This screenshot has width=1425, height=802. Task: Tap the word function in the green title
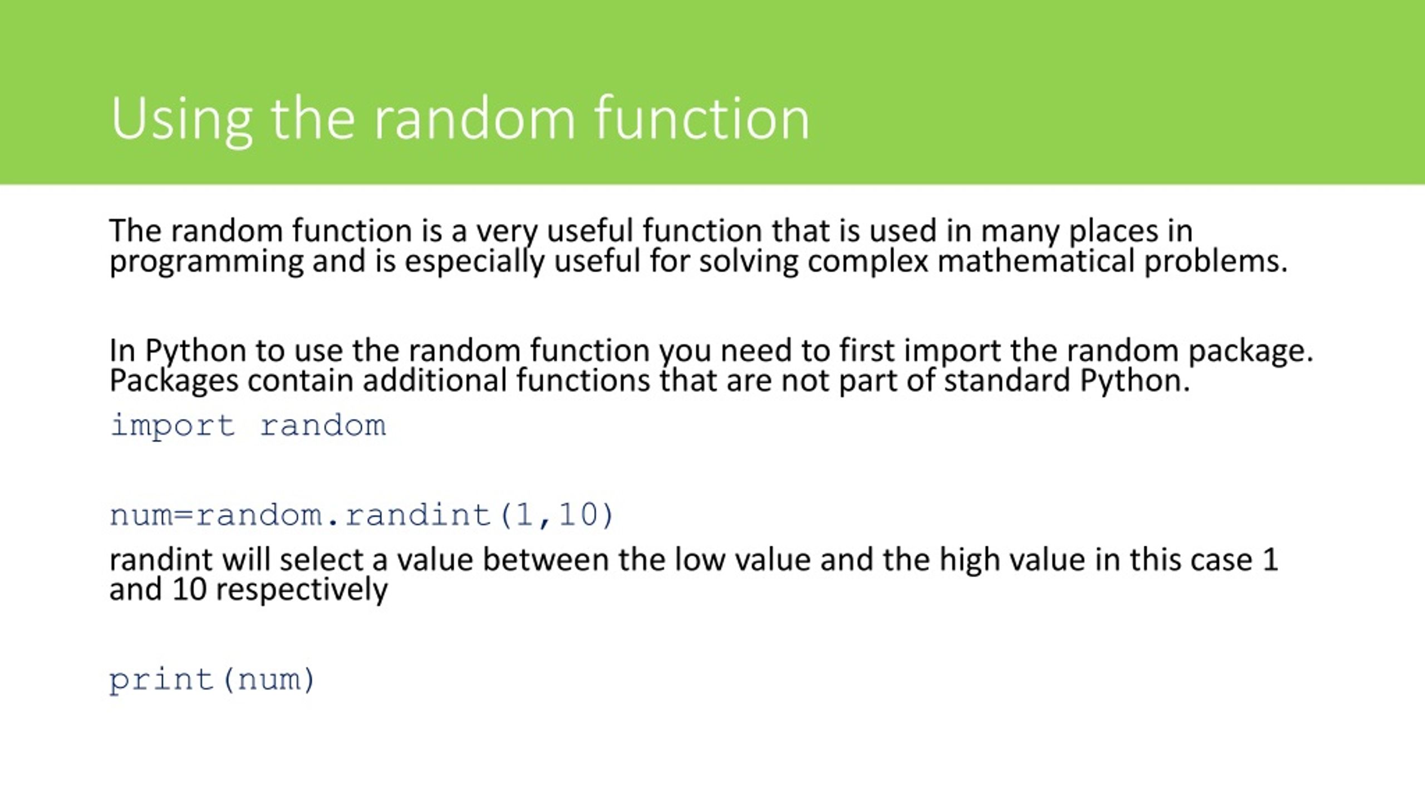tap(702, 118)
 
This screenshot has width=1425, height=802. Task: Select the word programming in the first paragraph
tap(206, 262)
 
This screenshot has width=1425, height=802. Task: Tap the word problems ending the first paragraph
tap(1216, 262)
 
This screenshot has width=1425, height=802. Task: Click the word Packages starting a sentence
tap(174, 382)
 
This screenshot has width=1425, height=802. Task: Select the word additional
tap(435, 381)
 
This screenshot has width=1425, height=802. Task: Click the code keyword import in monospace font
tap(173, 427)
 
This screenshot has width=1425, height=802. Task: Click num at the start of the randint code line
tap(141, 515)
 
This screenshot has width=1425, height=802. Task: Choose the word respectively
tap(302, 590)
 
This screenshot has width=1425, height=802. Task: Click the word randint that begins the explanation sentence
tap(161, 560)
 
